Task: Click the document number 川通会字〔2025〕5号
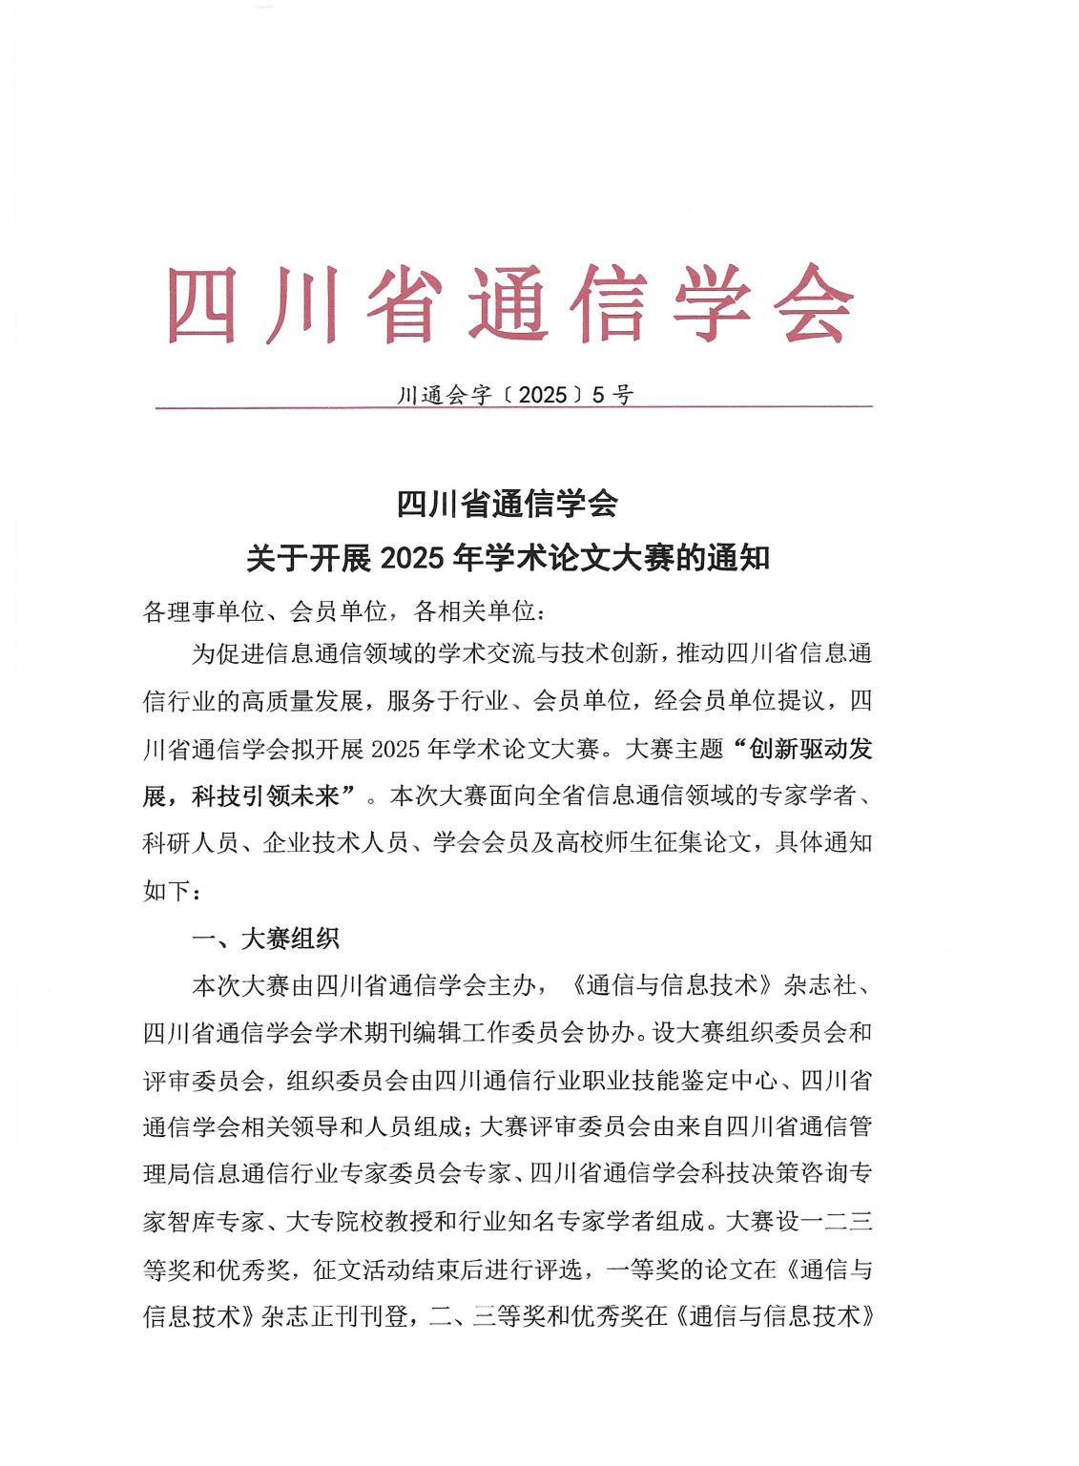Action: click(515, 395)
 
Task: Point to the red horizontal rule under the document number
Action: click(515, 408)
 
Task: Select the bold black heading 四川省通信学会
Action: click(508, 504)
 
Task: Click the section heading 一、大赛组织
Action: click(265, 939)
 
